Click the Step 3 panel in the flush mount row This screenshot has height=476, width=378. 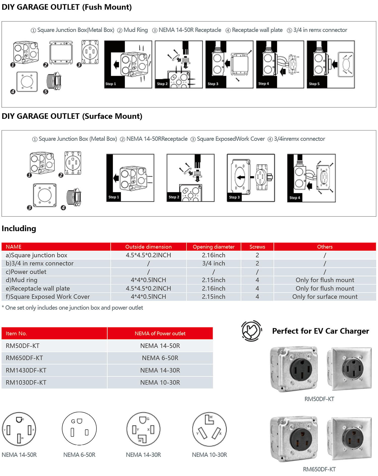pos(229,64)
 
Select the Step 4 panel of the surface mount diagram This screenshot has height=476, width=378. pos(311,178)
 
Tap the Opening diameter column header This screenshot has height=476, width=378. pos(213,247)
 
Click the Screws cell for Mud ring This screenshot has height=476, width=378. pos(257,280)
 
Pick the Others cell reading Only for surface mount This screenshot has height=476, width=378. pos(325,297)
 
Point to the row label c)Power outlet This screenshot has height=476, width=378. pos(26,272)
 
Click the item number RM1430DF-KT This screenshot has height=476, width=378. pos(26,370)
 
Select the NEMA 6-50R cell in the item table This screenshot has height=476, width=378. pos(160,358)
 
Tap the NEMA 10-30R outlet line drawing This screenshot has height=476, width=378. pos(209,429)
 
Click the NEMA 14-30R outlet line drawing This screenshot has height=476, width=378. pos(143,429)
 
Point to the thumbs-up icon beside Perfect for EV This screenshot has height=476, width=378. pos(251,331)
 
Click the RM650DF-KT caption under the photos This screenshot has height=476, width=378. pos(319,469)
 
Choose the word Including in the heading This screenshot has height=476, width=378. pos(19,228)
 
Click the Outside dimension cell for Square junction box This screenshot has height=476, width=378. pos(148,255)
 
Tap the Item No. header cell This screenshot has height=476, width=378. pos(16,333)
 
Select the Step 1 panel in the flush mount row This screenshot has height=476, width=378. pos(128,64)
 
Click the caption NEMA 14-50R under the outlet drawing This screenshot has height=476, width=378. pos(19,455)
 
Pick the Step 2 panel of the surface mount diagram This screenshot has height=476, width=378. pos(190,178)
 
